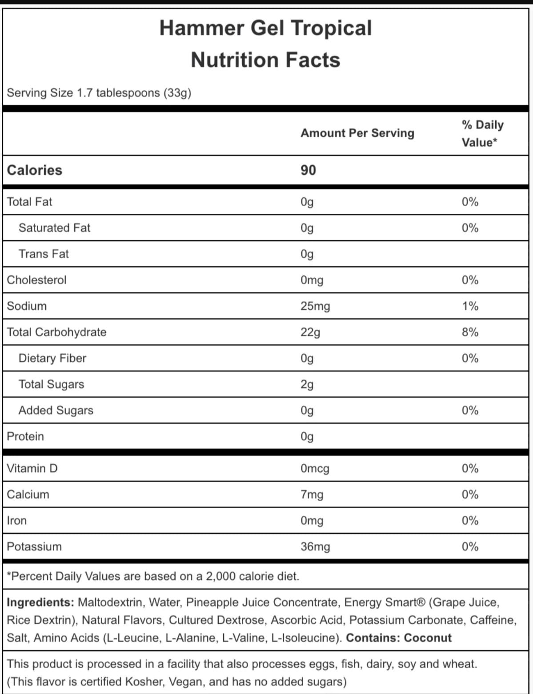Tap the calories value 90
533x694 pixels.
click(x=308, y=170)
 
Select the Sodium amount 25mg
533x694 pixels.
click(x=315, y=306)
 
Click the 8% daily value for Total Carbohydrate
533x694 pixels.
click(x=470, y=332)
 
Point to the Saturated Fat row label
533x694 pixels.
click(x=54, y=228)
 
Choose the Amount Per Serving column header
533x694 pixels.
click(x=357, y=133)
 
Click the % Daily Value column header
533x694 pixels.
click(x=482, y=133)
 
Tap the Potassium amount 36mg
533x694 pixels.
click(x=315, y=546)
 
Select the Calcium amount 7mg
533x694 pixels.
click(x=312, y=495)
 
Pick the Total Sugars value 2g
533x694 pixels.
click(x=307, y=384)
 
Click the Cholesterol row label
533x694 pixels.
click(x=36, y=280)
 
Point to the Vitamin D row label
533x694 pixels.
click(x=32, y=468)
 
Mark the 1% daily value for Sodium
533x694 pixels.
click(x=470, y=306)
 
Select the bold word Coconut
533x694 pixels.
click(x=428, y=638)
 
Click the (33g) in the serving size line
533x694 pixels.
click(x=177, y=93)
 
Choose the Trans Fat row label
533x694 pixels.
click(x=44, y=254)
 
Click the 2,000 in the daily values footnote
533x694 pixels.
click(x=220, y=576)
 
